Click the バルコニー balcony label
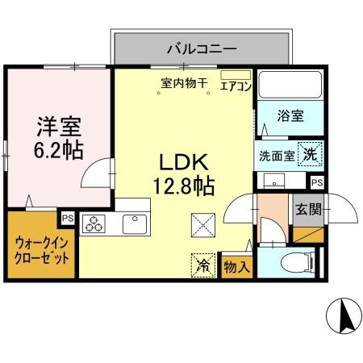pos(201,48)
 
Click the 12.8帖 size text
pos(184,186)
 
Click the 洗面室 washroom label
pos(276,155)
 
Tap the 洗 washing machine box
pos(310,153)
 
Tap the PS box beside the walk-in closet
pos(67,216)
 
